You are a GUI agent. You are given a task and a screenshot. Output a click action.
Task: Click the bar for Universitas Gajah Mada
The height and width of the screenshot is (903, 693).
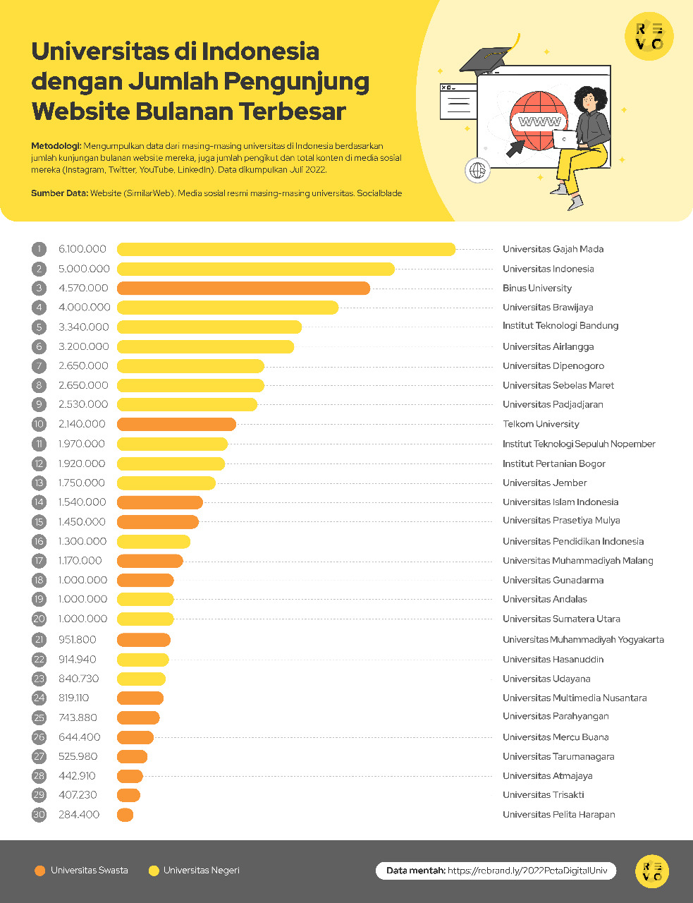coord(286,249)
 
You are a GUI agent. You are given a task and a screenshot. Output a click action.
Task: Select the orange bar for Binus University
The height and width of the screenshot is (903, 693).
coord(243,288)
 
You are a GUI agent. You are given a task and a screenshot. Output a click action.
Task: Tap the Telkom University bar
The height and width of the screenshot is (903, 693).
coord(176,424)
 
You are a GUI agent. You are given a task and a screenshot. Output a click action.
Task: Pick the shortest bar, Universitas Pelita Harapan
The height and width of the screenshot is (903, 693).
coord(125,815)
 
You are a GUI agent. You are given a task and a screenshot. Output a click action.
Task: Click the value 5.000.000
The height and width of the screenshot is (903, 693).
coord(84,269)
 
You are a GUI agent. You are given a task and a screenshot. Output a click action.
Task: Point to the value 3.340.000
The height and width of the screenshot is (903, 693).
coord(84,327)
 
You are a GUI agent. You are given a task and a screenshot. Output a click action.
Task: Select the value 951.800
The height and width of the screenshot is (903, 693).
coord(78,640)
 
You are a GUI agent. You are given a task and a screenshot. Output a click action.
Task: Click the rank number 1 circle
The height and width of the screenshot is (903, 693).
coord(39,249)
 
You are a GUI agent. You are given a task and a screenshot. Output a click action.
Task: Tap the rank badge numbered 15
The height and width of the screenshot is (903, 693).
coord(39,522)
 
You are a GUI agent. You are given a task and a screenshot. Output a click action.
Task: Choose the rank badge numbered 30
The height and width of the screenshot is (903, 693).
coord(39,815)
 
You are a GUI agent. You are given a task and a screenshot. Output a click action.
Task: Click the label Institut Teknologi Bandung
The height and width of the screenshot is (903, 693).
coord(560,326)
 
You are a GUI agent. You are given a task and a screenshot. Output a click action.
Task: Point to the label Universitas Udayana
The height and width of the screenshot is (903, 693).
coord(546,679)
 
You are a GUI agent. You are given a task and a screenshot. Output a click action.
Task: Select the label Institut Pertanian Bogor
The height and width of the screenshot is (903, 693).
coord(554,463)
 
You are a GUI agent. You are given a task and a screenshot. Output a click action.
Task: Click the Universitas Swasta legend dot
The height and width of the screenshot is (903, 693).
coord(39,871)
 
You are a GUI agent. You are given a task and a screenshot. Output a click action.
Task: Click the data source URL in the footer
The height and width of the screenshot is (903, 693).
coord(527,871)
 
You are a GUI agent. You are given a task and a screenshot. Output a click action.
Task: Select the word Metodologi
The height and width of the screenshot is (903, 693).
coord(56,146)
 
